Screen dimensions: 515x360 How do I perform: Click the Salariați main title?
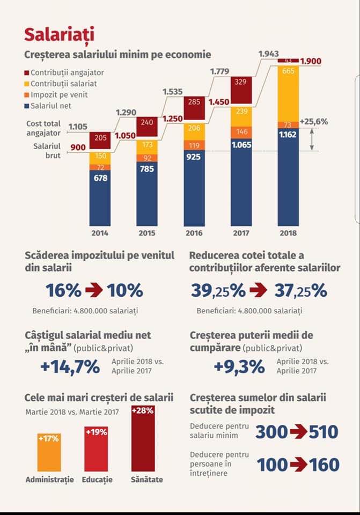pos(60,34)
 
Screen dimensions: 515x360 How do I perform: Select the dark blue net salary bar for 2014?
pos(100,198)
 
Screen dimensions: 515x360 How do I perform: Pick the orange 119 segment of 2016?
pos(194,145)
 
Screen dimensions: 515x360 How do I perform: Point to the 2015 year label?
pos(146,233)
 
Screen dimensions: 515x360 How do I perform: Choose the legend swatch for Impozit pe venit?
pos(27,95)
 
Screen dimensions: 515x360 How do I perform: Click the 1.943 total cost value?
pos(269,54)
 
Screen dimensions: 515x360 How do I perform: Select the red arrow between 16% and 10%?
pos(94,291)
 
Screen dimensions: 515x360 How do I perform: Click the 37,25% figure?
pos(300,291)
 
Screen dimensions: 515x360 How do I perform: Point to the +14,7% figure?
pos(70,367)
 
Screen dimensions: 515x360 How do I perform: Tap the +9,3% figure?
pos(239,367)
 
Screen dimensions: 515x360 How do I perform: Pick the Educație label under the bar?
pos(97,479)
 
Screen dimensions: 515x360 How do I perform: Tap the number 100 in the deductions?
pos(273,465)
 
